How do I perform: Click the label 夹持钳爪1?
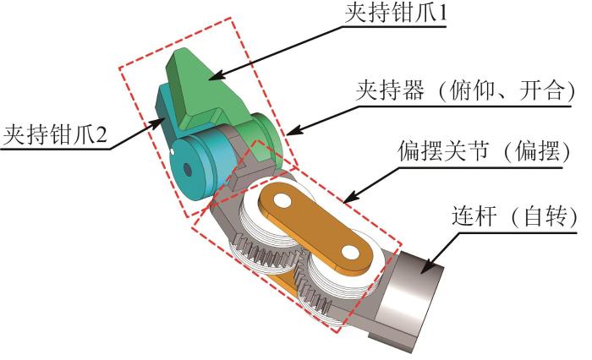[x=396, y=13]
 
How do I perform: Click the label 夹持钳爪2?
[x=55, y=134]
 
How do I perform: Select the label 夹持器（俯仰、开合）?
[x=465, y=90]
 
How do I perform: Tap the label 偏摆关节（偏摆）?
[x=485, y=151]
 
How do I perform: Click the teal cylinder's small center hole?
[x=187, y=169]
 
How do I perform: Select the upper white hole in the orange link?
[x=282, y=200]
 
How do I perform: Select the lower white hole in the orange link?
[x=351, y=253]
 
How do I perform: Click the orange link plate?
[x=316, y=226]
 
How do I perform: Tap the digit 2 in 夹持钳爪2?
[x=101, y=135]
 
